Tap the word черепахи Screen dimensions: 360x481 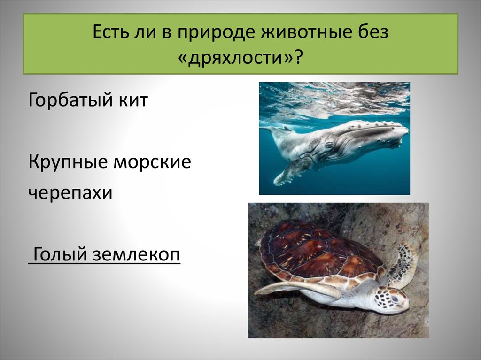tap(70, 193)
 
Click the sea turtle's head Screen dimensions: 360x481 tap(392, 299)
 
